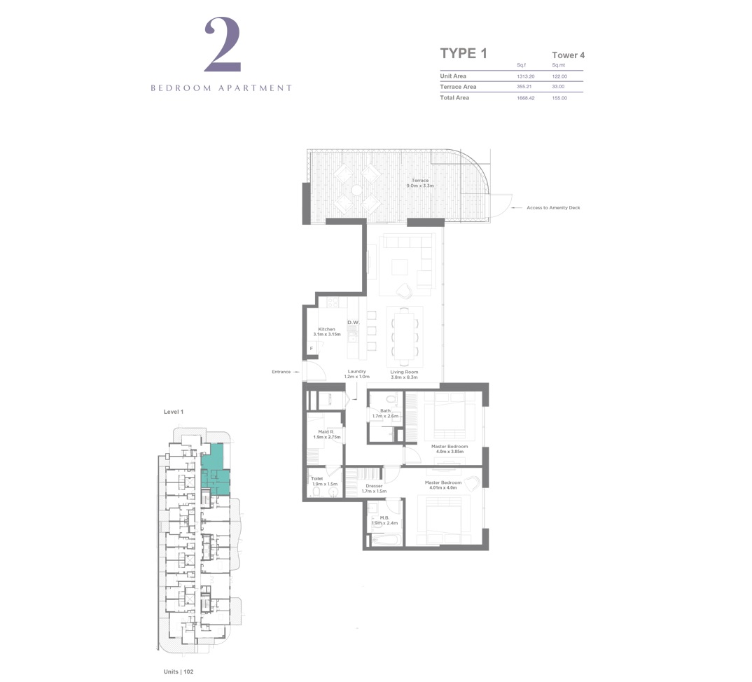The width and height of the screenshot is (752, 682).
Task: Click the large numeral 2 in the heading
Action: coord(223,46)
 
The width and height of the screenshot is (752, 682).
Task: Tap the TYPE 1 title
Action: coord(463,54)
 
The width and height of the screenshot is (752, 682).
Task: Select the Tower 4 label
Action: coord(568,55)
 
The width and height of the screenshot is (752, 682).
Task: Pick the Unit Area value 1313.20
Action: coord(525,76)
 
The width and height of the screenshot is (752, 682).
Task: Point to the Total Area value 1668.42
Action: coord(525,98)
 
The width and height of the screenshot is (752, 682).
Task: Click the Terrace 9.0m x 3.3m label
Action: coord(420,183)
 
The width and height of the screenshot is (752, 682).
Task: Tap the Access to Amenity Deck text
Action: coord(553,208)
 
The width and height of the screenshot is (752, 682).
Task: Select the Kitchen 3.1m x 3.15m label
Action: coord(327,332)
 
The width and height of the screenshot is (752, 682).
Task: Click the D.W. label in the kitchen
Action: coord(353,323)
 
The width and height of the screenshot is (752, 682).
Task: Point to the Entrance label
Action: coord(281,372)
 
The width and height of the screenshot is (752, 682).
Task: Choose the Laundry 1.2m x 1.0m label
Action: coord(356,374)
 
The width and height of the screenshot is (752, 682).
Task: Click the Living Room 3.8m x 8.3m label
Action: coord(404,374)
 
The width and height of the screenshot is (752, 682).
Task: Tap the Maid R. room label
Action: coord(326,434)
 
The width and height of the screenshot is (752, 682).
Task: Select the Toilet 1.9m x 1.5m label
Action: coord(324,482)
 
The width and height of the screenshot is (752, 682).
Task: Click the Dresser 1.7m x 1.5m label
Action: coord(374,488)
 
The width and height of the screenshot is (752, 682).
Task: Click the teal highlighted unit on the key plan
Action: coord(216,471)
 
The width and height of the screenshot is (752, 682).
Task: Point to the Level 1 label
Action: coord(173,412)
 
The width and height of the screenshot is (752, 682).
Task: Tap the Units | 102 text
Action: coord(179,671)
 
